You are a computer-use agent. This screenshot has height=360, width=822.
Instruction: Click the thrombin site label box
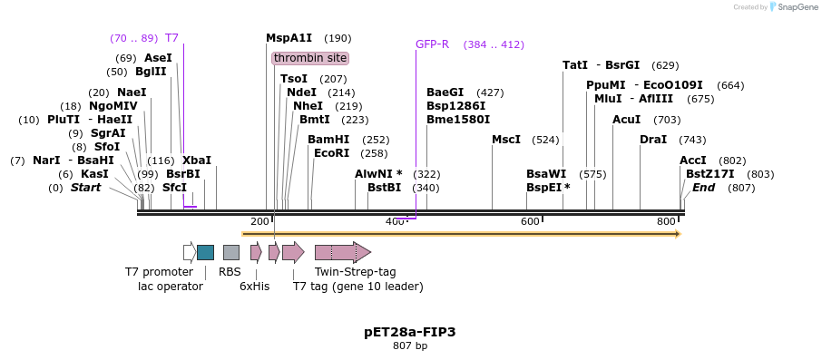tap(310, 58)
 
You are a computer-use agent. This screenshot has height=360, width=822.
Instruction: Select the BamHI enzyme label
tap(328, 140)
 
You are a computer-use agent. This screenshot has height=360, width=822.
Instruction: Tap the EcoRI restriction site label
tap(331, 153)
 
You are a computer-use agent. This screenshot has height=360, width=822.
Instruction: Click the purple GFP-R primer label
tap(432, 44)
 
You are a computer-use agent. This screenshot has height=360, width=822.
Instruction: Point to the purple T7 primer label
tap(171, 38)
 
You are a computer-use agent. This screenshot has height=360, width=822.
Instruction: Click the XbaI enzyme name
tap(197, 161)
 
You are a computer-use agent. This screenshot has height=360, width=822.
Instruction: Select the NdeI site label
tap(301, 92)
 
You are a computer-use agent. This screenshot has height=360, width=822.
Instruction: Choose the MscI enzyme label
tap(506, 140)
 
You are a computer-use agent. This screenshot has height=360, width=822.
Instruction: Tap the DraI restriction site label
tap(653, 140)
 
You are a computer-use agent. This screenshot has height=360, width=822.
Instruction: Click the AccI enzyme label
tap(693, 161)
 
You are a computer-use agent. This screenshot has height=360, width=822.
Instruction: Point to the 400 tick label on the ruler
tap(395, 222)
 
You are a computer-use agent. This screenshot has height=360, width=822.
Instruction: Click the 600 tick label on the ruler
tap(530, 222)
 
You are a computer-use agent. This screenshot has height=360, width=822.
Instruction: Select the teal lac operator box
tap(206, 252)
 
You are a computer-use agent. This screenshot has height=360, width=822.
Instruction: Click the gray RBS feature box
tap(231, 252)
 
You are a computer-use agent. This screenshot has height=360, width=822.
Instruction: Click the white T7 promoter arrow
tap(189, 252)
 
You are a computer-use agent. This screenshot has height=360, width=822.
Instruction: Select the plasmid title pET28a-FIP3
tap(410, 332)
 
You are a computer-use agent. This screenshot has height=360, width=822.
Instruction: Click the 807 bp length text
tap(410, 346)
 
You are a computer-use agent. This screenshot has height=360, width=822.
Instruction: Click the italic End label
tap(703, 188)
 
